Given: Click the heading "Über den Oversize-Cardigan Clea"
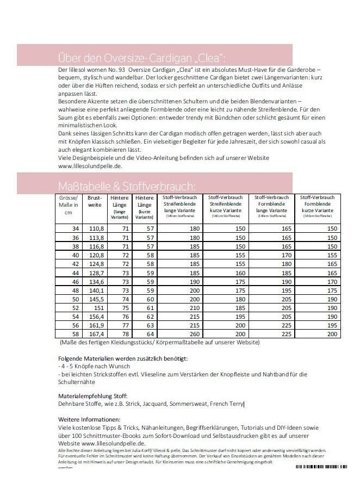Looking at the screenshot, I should pyautogui.click(x=141, y=58).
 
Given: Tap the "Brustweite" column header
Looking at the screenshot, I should pyautogui.click(x=95, y=201).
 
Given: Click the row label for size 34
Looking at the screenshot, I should pyautogui.click(x=76, y=229).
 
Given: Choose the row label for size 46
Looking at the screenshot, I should pyautogui.click(x=76, y=282).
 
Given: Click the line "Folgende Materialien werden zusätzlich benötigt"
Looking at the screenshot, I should pyautogui.click(x=123, y=358).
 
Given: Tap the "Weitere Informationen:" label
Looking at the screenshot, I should pyautogui.click(x=89, y=419).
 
